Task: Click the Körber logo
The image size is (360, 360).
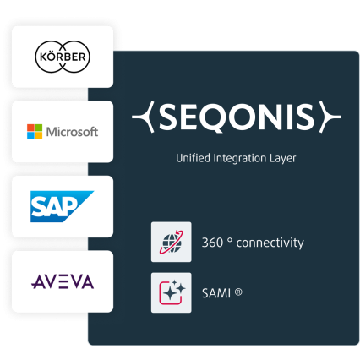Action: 63,57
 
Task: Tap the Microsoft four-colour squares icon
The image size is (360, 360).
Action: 35,132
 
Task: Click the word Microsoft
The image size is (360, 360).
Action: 72,132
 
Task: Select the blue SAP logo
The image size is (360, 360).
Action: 62,206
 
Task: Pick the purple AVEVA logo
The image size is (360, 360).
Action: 63,281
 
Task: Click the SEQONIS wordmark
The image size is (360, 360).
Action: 237,117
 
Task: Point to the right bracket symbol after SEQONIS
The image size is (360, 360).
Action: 330,117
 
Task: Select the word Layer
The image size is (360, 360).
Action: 283,159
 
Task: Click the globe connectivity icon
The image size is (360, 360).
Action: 172,242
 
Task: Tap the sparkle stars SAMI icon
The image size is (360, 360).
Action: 172,292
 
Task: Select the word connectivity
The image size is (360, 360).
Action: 270,243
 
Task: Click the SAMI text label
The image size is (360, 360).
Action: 216,293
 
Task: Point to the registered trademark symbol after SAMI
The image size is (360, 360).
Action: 238,292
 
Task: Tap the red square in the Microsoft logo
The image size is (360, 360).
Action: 30,128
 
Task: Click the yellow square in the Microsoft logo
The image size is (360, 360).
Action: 39,135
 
